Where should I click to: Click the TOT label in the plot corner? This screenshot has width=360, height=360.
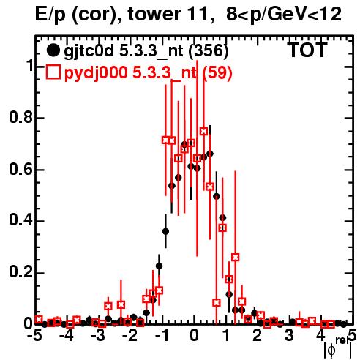point(307,50)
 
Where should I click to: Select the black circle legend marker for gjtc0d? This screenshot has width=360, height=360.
point(53,50)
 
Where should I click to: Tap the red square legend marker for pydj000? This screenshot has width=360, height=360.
point(53,72)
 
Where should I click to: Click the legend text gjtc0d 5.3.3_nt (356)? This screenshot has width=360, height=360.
point(146,51)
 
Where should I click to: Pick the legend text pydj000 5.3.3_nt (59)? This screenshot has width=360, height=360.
point(148,72)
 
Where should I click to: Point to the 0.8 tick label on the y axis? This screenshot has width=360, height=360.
point(20,117)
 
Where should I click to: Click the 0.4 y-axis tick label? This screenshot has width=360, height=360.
point(20,221)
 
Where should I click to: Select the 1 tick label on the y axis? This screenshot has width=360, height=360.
point(29,66)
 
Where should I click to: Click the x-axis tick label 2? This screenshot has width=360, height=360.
point(258,336)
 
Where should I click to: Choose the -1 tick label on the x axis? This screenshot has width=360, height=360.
point(161,336)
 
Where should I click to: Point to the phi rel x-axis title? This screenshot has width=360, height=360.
point(338,348)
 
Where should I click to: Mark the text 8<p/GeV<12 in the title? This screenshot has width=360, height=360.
point(284,14)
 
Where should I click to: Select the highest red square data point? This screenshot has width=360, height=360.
point(203,131)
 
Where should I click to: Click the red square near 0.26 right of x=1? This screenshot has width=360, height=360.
point(235,257)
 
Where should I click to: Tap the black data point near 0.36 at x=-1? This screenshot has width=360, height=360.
point(165,231)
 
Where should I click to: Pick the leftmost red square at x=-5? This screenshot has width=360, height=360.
point(39,319)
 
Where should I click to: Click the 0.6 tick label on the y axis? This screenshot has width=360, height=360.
point(20,169)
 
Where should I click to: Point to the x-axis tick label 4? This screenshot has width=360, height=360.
point(320,336)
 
